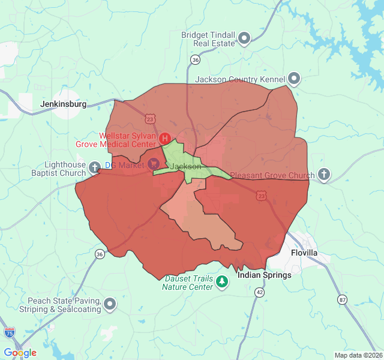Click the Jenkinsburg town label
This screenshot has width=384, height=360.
[63, 104]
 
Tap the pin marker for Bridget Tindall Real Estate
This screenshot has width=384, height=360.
[244, 39]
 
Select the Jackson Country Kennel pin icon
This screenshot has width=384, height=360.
[294, 79]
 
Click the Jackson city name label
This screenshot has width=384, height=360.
[185, 166]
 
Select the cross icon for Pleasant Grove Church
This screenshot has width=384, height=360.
[324, 175]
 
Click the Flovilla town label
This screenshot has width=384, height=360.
[304, 253]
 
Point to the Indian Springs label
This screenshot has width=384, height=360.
[264, 275]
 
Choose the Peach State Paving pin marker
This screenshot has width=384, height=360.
[110, 304]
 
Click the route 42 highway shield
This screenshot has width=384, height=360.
[259, 292]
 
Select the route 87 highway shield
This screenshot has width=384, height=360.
[342, 299]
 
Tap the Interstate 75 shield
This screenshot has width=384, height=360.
[9, 332]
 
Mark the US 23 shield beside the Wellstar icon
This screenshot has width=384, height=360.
[149, 119]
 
